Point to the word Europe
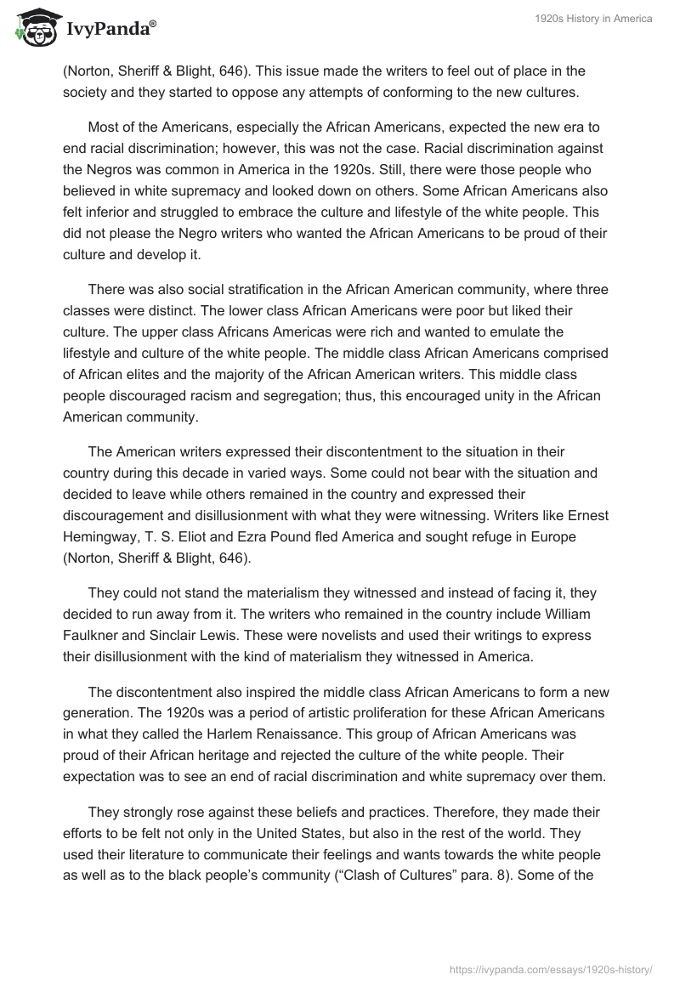coord(554,537)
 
